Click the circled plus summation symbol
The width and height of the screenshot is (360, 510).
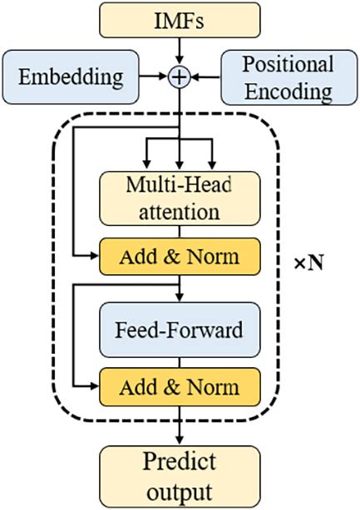180,76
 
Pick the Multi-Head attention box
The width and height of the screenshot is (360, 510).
180,197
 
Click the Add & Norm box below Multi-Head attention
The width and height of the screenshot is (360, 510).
180,257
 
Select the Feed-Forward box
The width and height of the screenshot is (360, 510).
180,329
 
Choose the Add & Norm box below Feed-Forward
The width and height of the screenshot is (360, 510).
180,387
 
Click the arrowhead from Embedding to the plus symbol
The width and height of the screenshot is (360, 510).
163,76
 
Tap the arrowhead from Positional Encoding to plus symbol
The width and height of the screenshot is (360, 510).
196,76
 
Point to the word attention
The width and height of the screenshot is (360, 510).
180,210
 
